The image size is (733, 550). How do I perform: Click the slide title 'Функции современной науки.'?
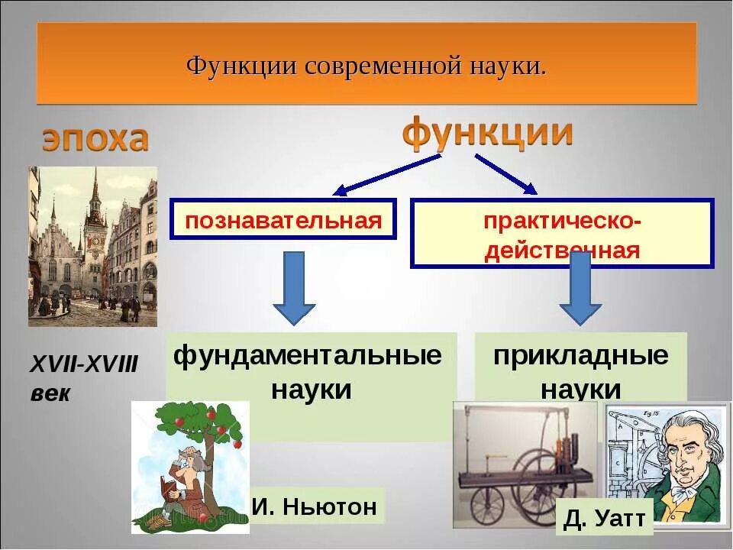tap(366, 64)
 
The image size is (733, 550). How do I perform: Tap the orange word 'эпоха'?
tap(95, 140)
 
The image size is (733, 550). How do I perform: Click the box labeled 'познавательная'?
tap(283, 220)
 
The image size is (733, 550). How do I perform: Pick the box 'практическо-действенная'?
tap(562, 234)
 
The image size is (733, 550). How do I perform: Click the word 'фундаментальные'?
tap(308, 356)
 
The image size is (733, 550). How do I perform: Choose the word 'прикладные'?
tap(580, 356)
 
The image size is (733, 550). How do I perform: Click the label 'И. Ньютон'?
tap(314, 506)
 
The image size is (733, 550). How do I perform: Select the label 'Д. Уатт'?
tap(605, 519)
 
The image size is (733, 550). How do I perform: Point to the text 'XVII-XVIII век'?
tap(83, 379)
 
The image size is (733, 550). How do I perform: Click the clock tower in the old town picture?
tap(95, 229)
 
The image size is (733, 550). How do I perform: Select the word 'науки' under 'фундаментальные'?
tap(311, 390)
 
